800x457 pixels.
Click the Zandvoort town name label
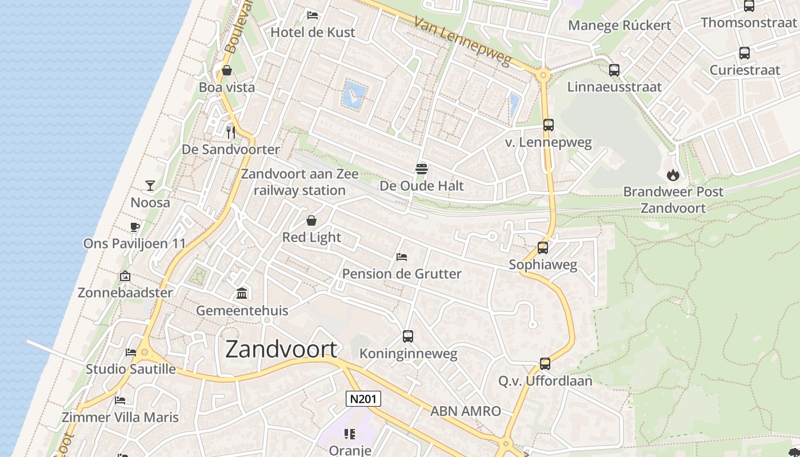tap(281, 349)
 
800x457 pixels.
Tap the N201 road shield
tap(363, 398)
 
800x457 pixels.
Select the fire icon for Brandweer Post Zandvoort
tap(673, 175)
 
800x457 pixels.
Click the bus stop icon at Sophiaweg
tap(543, 248)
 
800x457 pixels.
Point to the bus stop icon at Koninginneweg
tap(408, 336)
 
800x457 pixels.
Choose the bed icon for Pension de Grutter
tap(402, 257)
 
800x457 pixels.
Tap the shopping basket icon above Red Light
tap(311, 221)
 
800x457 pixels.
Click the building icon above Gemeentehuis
tap(242, 294)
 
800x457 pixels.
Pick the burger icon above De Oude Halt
tap(422, 169)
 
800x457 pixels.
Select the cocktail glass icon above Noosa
tap(150, 186)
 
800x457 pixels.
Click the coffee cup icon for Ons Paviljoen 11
tap(135, 227)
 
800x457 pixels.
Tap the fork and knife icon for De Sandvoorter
tap(231, 133)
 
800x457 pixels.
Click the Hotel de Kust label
tap(313, 33)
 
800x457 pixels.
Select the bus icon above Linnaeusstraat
tap(614, 70)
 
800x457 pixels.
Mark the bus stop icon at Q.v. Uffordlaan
tap(545, 364)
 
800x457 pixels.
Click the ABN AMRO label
tap(465, 411)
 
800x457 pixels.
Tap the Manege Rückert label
tap(619, 25)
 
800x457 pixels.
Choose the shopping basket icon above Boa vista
tap(227, 71)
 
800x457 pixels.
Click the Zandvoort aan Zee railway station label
tap(299, 182)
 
